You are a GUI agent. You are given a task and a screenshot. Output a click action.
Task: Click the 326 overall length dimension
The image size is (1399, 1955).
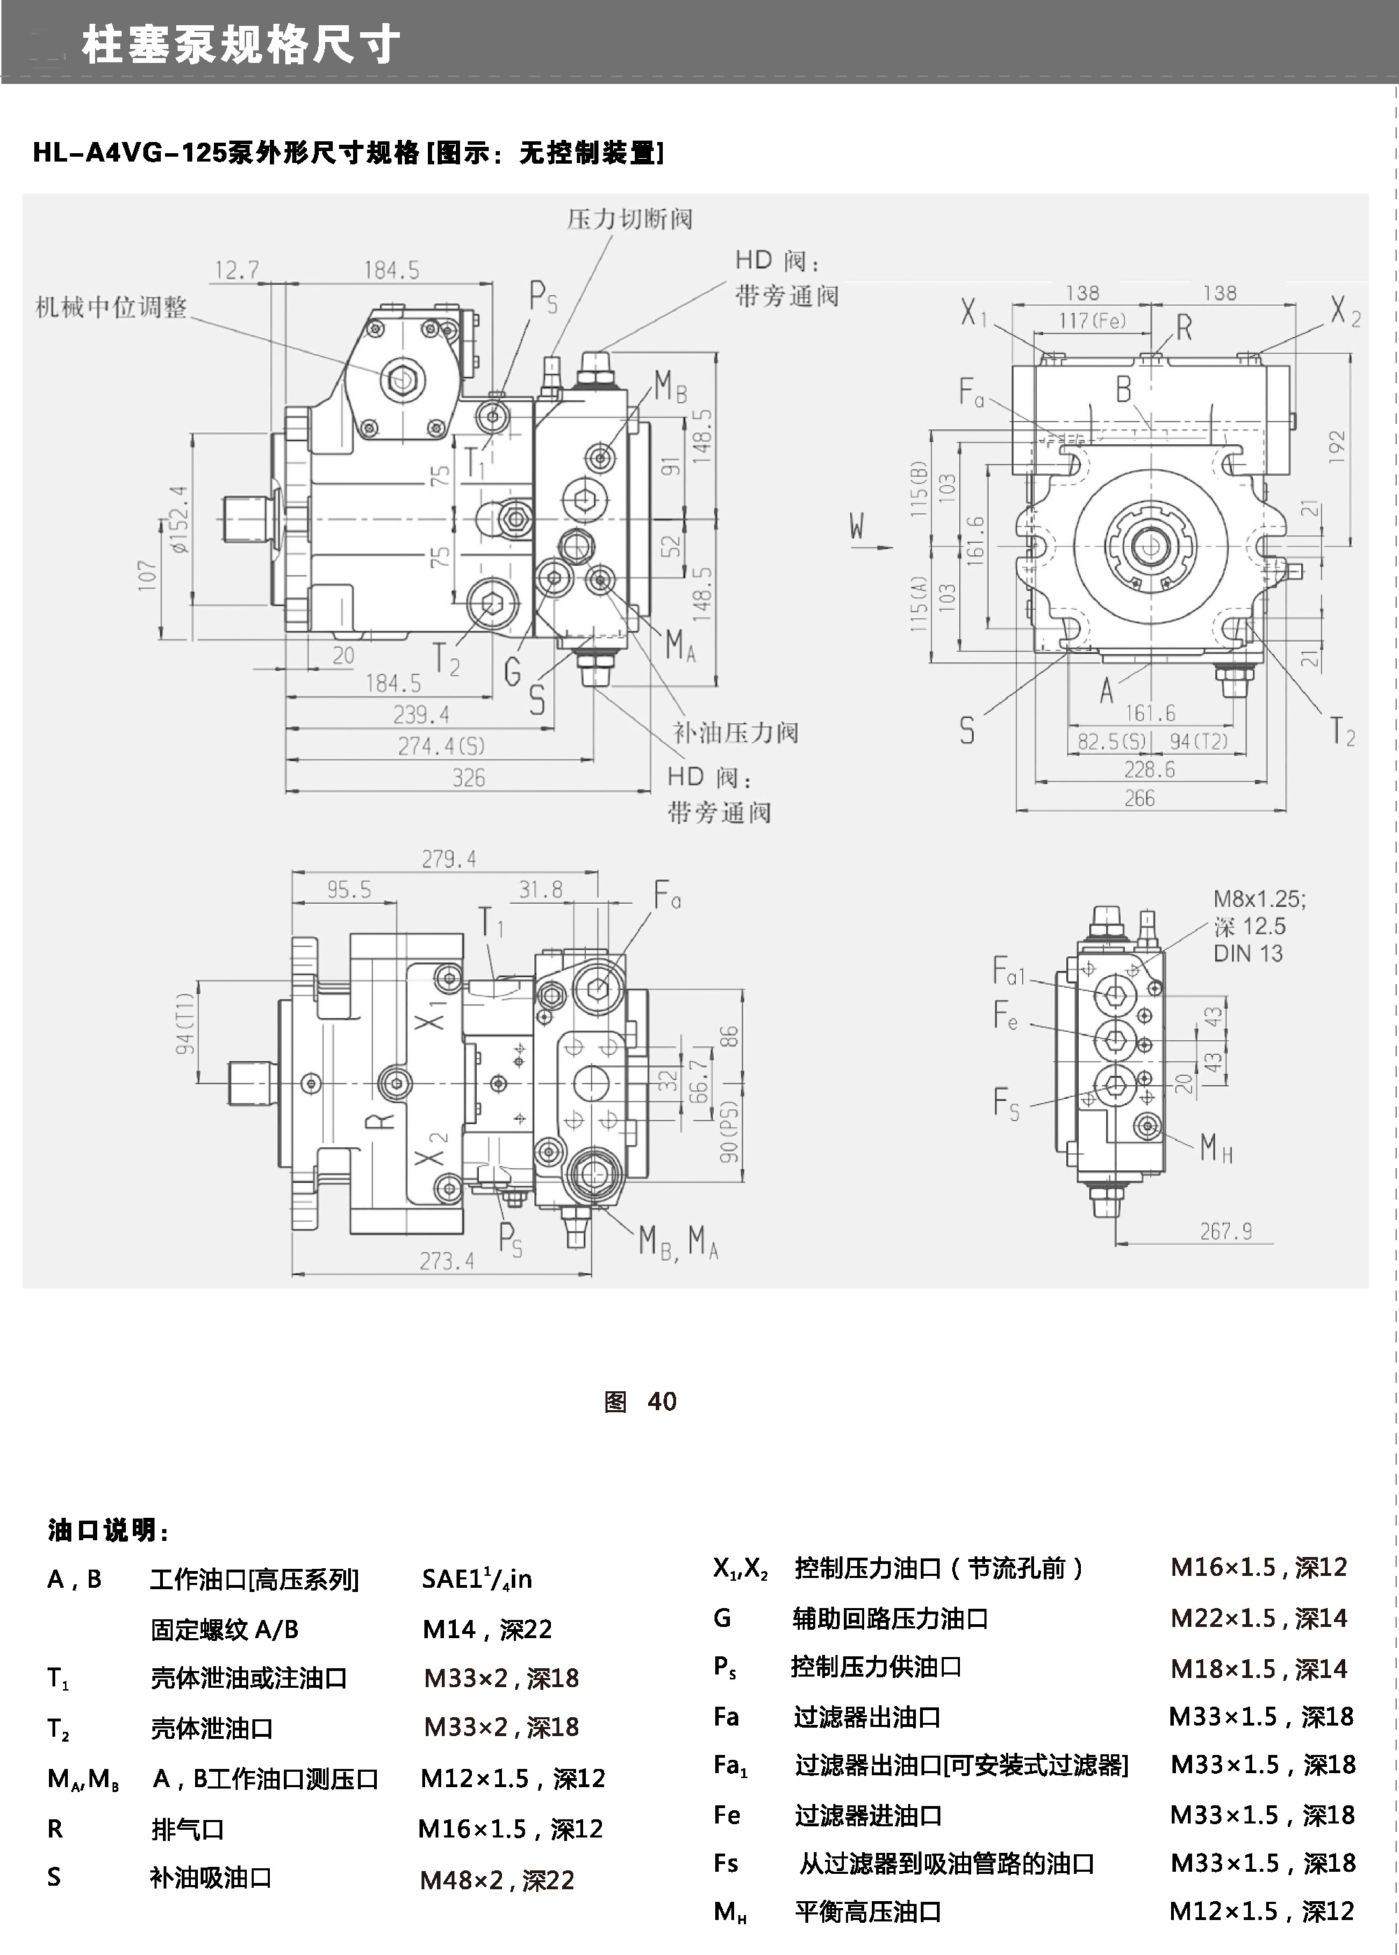point(468,778)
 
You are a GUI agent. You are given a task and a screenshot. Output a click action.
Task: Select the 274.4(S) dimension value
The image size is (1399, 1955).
point(441,746)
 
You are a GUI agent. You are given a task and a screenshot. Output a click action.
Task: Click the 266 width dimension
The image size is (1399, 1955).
point(1139,799)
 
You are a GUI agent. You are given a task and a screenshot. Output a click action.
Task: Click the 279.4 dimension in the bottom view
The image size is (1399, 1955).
point(448,859)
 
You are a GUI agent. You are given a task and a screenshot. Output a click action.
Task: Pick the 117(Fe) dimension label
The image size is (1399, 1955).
point(1092,321)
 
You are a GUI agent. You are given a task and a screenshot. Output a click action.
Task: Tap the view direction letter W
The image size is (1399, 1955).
point(856,525)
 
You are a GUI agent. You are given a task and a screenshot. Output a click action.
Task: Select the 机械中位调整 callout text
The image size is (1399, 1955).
point(111,308)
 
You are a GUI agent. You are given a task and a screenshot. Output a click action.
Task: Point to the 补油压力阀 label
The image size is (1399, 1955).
point(736,733)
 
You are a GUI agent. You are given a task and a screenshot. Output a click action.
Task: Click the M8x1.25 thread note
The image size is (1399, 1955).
point(1259,900)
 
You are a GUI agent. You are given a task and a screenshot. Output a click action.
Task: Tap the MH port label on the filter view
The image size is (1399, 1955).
point(1217,1148)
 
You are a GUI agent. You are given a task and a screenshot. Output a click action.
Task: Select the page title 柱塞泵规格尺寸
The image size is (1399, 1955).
point(241,45)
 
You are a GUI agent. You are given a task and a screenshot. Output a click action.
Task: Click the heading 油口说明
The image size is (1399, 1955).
point(108,1531)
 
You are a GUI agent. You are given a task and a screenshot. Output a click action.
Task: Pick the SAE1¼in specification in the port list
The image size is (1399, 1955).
point(476,1579)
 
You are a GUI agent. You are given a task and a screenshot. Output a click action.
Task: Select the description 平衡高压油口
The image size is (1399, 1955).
point(868,1911)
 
